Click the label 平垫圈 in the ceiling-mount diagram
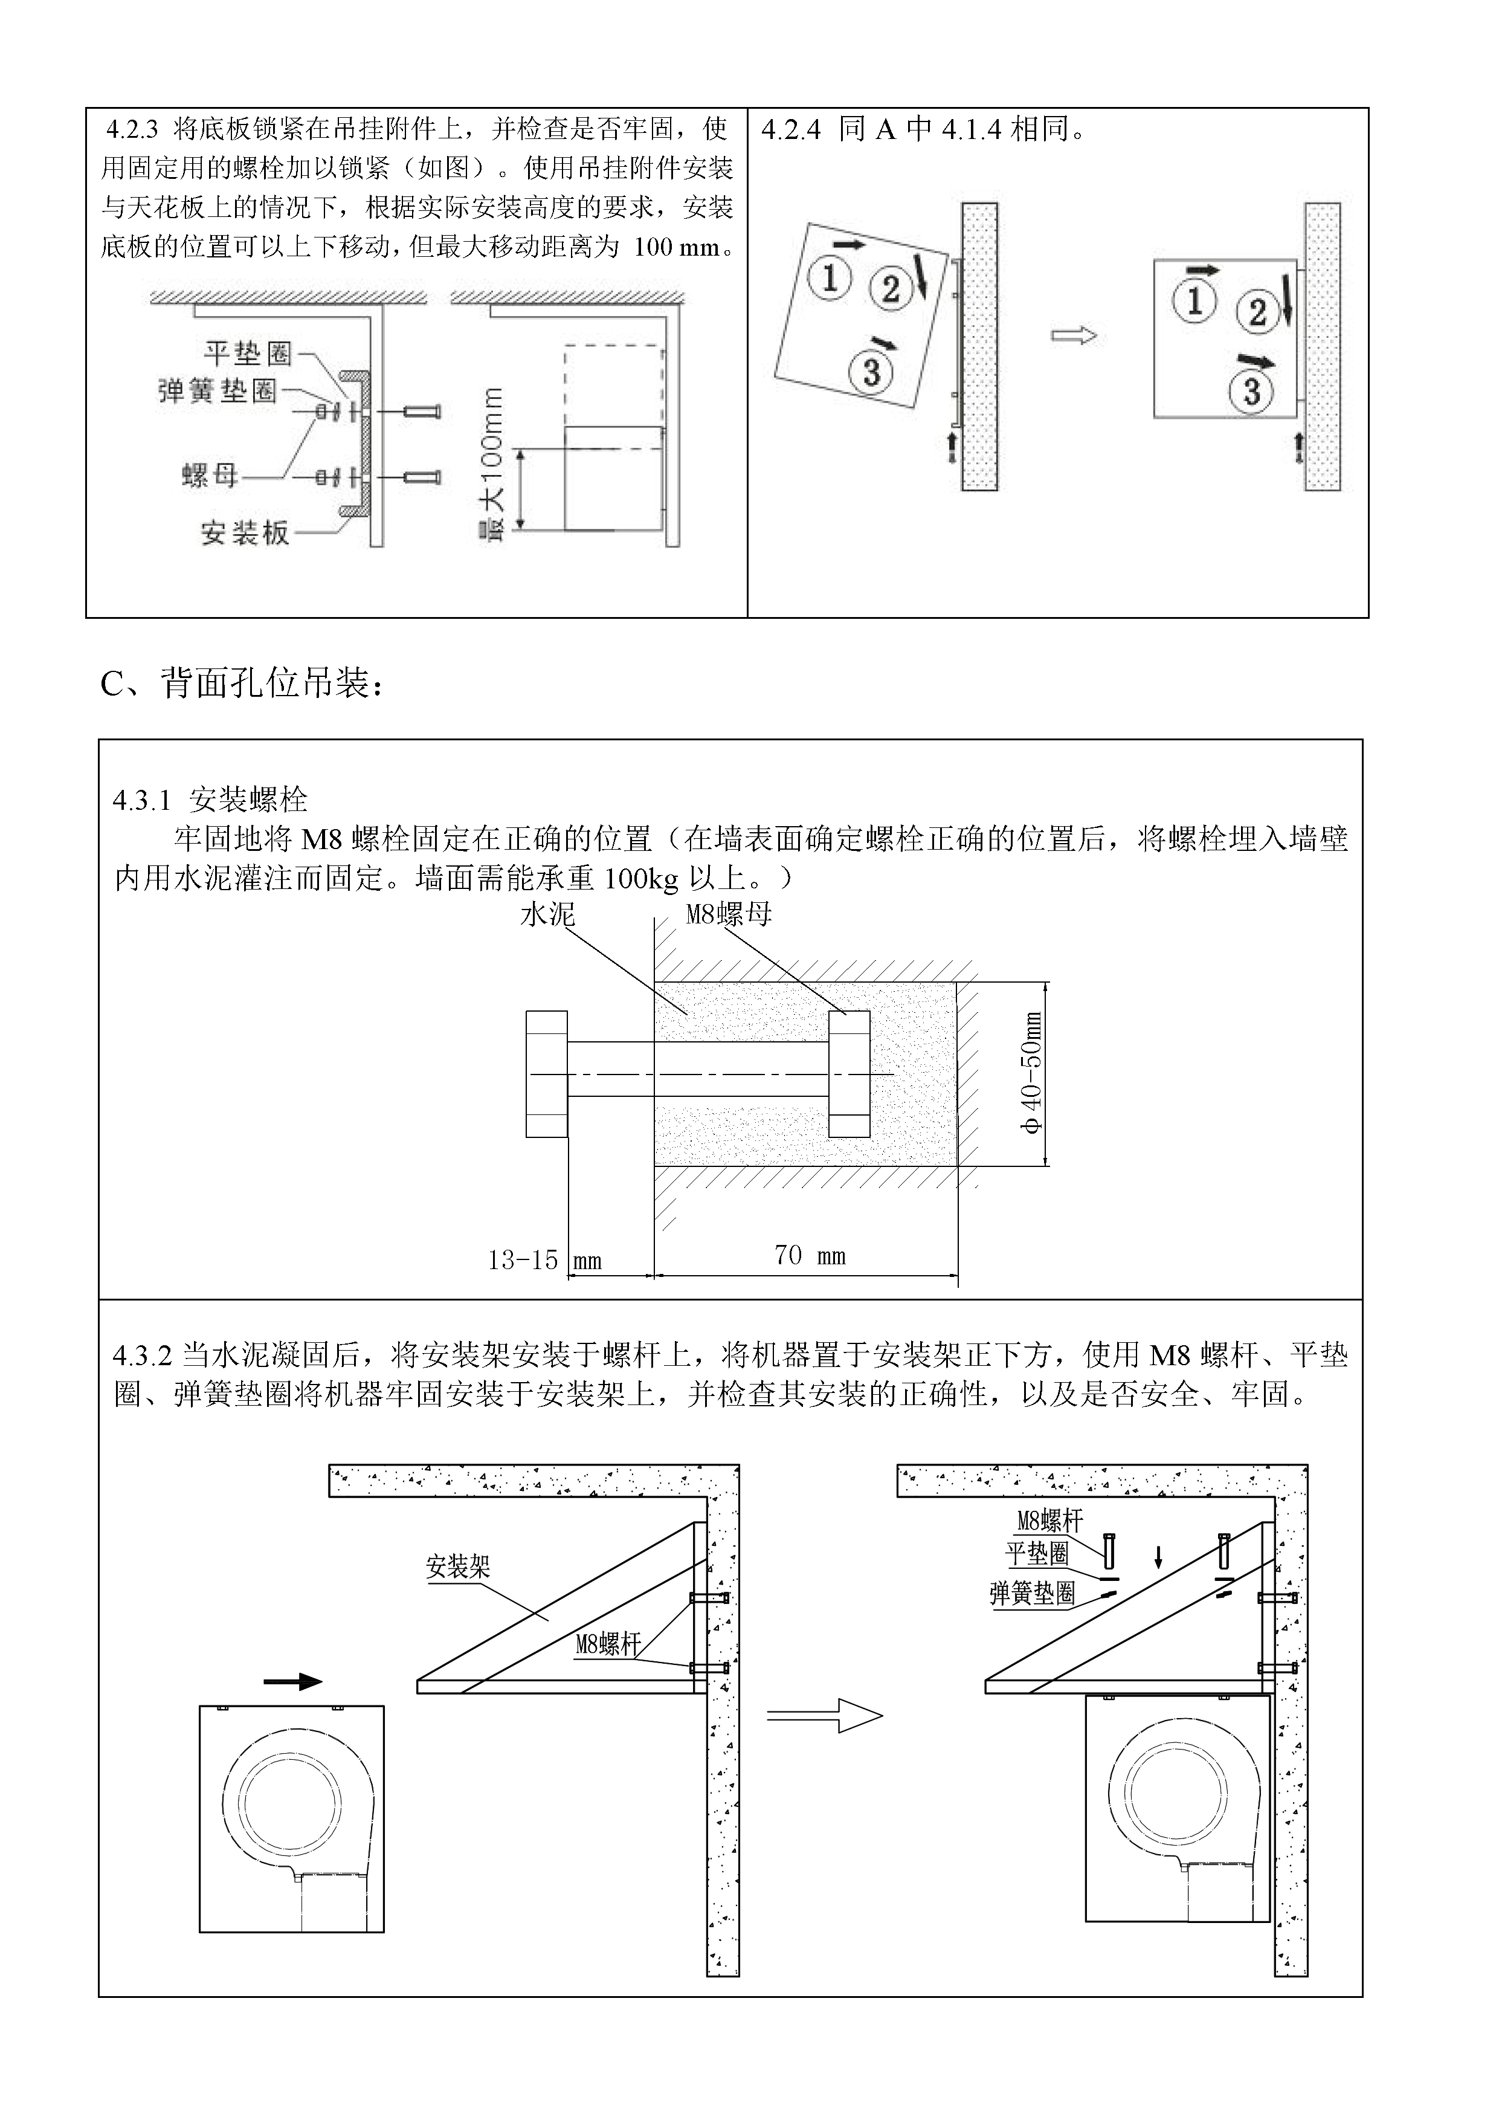(x=247, y=353)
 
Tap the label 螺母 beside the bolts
(x=210, y=476)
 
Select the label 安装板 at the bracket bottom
(x=245, y=533)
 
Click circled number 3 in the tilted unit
(x=871, y=372)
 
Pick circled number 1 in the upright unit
(x=1194, y=300)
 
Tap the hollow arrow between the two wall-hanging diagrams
(x=1074, y=335)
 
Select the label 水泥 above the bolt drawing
(x=547, y=914)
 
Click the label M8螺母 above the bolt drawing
(x=728, y=914)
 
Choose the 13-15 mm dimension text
(x=544, y=1261)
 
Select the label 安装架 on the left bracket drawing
(x=458, y=1567)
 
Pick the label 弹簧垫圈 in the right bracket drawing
(x=1032, y=1594)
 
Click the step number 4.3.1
(x=142, y=800)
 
